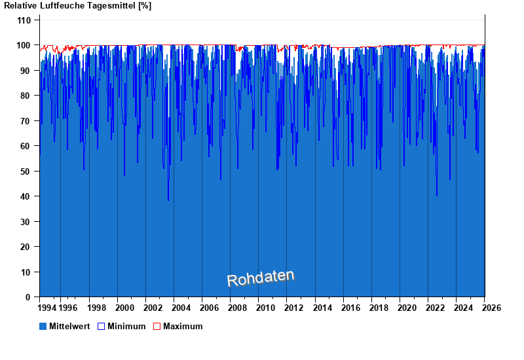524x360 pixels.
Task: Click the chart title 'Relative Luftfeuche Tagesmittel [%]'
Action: (x=78, y=6)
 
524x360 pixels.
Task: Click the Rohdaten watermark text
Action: (x=261, y=278)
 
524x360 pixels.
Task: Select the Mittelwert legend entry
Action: (x=65, y=326)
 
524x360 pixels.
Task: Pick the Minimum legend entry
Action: (x=121, y=326)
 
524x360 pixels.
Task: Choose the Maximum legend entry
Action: (x=178, y=326)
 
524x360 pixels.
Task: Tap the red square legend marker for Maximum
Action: (x=157, y=326)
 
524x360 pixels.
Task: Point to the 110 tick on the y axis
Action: (x=24, y=20)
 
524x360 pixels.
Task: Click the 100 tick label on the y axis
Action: (x=24, y=45)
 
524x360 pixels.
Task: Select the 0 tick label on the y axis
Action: (x=28, y=297)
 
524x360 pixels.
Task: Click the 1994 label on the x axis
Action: (x=47, y=308)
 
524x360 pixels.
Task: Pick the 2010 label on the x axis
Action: (x=266, y=308)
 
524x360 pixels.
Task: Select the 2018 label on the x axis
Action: (x=379, y=308)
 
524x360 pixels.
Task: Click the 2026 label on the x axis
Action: (x=492, y=308)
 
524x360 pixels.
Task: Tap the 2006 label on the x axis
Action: (x=210, y=308)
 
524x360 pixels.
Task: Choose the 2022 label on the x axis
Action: (x=436, y=308)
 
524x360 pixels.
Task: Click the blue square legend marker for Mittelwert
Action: (x=43, y=326)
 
